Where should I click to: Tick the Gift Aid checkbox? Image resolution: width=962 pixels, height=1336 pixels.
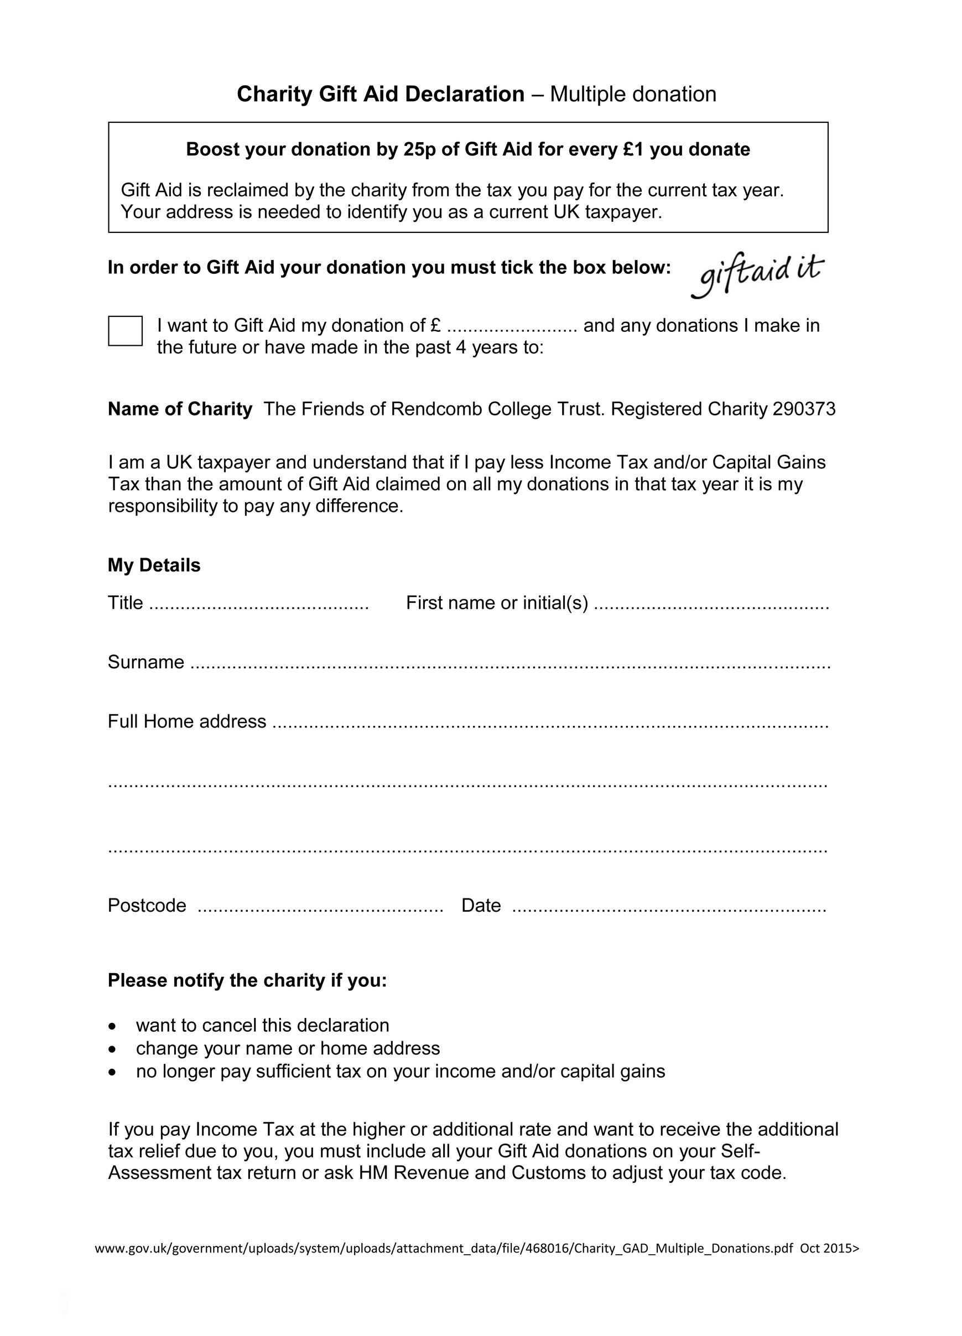pos(125,330)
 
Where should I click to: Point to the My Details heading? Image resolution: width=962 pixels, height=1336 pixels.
pos(154,565)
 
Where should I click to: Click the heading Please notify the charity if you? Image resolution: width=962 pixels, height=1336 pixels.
pos(247,980)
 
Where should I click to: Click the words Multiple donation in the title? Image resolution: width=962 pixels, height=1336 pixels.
pos(633,94)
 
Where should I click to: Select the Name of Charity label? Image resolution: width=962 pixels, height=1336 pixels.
pos(180,409)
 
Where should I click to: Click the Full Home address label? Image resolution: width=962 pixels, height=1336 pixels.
pos(187,721)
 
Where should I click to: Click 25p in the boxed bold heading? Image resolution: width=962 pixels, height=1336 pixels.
pos(419,149)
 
